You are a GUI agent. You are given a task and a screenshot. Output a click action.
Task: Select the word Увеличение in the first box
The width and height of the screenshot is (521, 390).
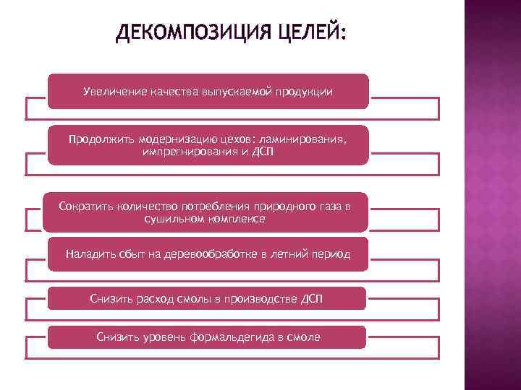coord(114,92)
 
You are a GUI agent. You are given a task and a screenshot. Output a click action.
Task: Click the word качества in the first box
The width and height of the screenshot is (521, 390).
coord(171,92)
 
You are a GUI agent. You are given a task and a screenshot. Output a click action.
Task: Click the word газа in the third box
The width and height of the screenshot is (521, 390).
coord(329,207)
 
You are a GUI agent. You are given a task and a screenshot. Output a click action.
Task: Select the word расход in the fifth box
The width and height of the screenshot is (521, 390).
coord(158,298)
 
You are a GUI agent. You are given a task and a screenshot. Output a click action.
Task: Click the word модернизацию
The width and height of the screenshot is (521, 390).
coord(166,139)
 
